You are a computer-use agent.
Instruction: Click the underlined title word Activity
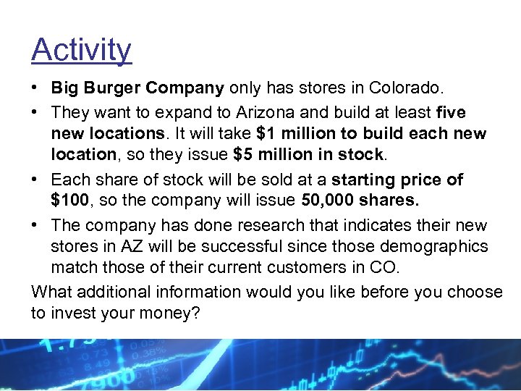[81, 50]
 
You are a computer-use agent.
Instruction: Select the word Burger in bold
[113, 89]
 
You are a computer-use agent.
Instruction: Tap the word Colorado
[407, 89]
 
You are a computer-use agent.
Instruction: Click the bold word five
[451, 113]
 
